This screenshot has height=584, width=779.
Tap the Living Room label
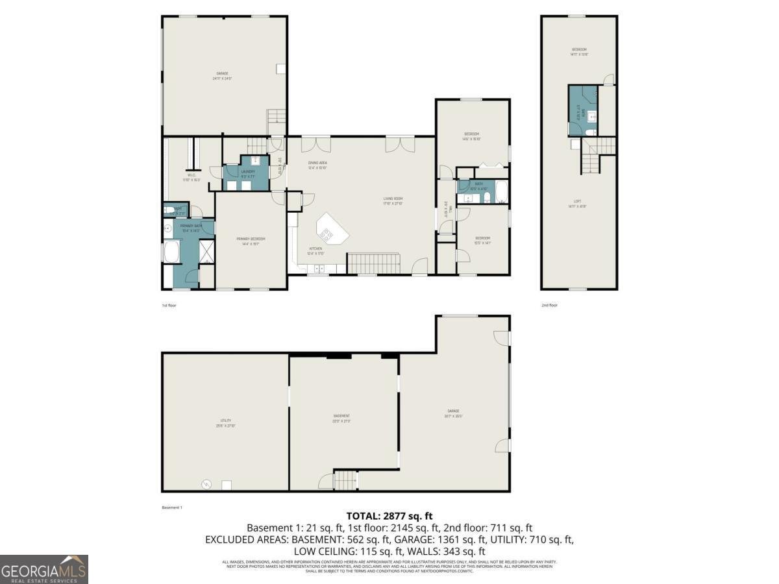(393, 201)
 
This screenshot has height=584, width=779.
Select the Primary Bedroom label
(250, 240)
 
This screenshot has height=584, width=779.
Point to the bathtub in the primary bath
(172, 252)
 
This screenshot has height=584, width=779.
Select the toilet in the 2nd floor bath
(587, 132)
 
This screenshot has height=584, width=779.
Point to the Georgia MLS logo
(44, 569)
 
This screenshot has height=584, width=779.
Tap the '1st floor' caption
(169, 305)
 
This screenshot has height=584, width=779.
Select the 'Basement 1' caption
(171, 507)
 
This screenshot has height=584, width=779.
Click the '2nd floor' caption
(549, 305)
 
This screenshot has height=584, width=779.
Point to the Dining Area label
(317, 164)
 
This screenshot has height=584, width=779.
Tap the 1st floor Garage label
(223, 75)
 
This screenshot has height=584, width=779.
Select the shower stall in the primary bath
(206, 251)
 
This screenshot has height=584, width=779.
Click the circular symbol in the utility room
(206, 483)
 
